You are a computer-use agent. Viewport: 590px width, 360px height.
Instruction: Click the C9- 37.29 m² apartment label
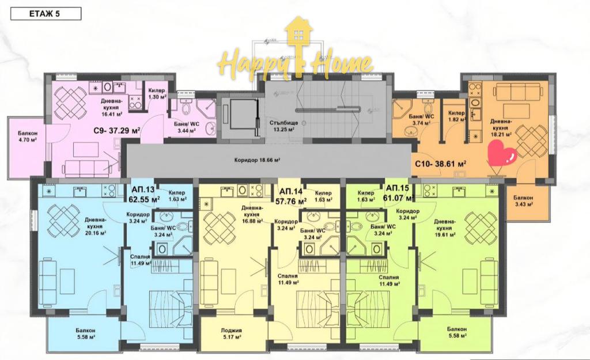[117, 131]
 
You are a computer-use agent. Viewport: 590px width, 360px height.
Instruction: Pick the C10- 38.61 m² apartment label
[441, 163]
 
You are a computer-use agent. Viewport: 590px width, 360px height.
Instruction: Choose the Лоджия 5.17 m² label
[232, 334]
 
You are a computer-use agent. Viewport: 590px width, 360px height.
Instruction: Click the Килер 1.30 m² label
[157, 94]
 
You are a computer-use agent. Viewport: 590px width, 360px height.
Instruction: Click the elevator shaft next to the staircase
[237, 116]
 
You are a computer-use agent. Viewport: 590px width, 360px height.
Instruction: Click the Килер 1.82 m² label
[456, 116]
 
